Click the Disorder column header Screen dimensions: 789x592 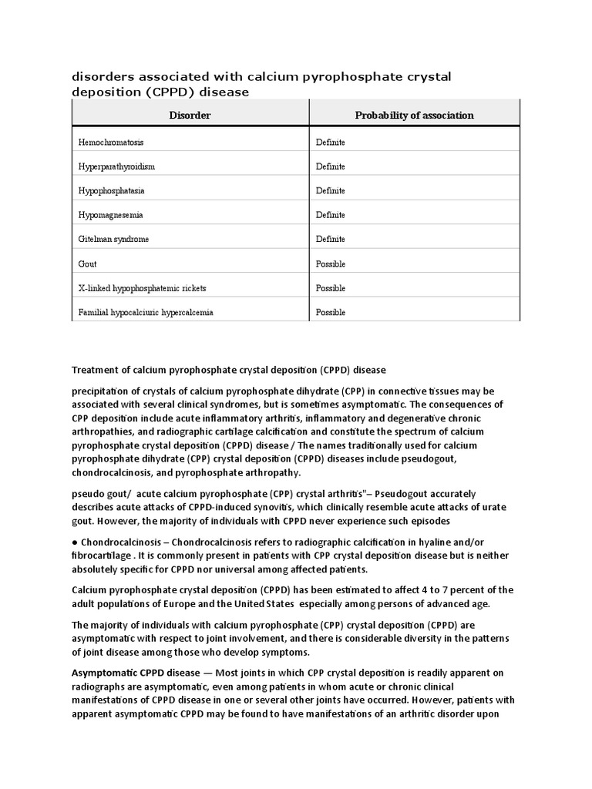pos(190,116)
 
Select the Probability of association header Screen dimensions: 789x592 pos(414,116)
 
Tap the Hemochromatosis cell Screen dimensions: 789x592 pos(111,143)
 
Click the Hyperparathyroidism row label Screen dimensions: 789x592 pos(116,166)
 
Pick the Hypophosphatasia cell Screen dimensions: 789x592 pos(111,190)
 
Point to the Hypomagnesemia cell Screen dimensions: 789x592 pos(110,215)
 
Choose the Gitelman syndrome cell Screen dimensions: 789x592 pos(113,239)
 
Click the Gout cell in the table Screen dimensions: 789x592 pos(88,264)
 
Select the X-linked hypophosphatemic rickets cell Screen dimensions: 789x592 pos(142,288)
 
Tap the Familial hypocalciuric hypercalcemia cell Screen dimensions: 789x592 pos(146,313)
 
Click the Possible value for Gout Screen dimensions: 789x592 pos(331,264)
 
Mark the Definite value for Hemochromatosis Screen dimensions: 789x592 pos(330,143)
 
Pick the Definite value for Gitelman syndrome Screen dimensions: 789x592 pos(330,239)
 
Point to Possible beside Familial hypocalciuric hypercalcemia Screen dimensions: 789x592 pos(331,313)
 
